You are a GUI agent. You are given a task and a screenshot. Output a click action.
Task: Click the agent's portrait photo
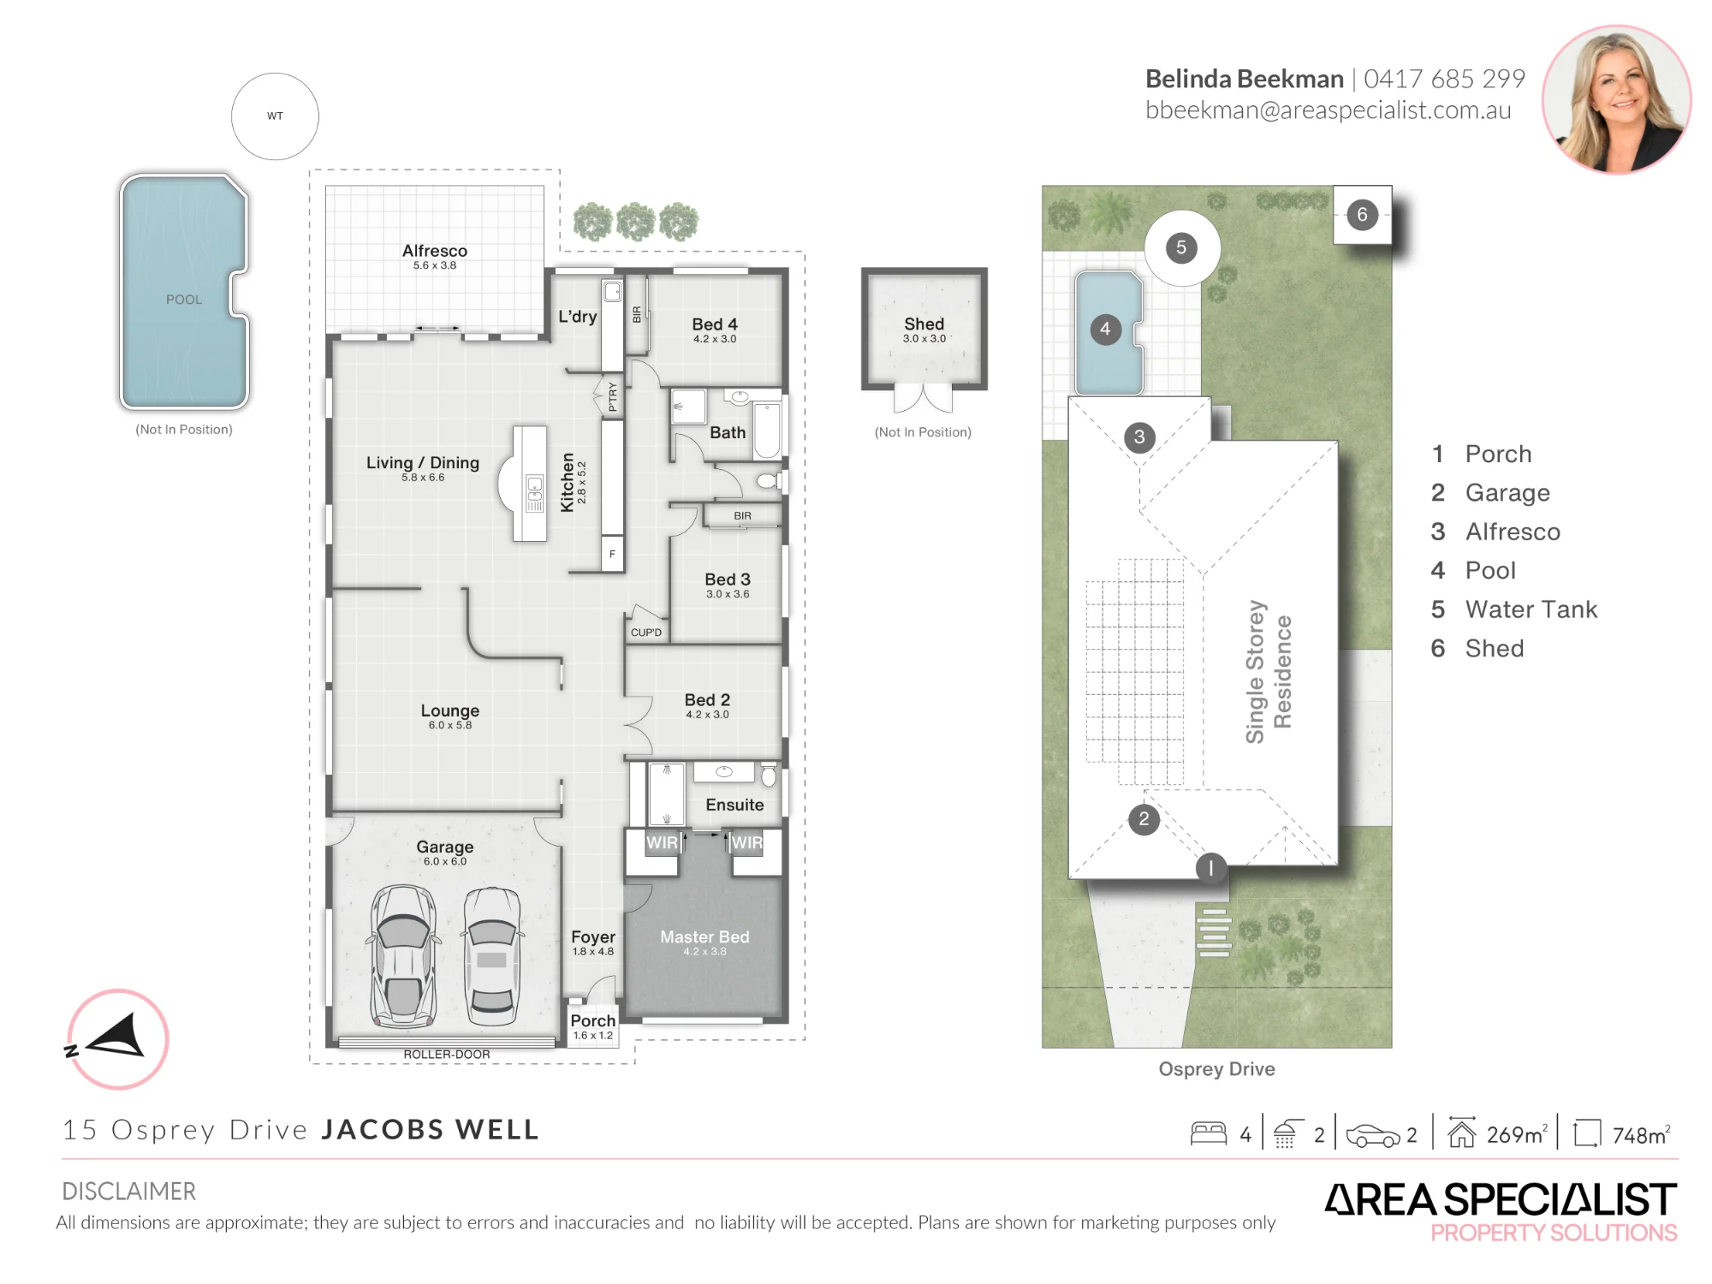(1616, 99)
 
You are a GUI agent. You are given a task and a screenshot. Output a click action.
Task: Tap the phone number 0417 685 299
(1444, 79)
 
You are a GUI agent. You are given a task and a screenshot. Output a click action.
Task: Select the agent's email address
(1328, 110)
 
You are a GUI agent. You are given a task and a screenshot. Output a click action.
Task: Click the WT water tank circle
(275, 116)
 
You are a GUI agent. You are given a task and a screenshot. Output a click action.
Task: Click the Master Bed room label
(704, 937)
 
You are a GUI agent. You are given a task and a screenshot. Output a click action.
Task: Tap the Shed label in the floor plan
(924, 324)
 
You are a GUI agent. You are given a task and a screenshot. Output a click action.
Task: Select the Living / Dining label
(423, 462)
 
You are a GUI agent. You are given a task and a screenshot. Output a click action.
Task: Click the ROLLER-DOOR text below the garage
(447, 1055)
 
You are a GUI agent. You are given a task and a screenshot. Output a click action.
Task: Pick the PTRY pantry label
(613, 397)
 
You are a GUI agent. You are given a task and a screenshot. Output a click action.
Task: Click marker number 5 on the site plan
(1181, 248)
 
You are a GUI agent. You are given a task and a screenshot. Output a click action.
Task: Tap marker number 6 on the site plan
(1362, 214)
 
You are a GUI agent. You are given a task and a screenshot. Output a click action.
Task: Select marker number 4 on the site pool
(1105, 330)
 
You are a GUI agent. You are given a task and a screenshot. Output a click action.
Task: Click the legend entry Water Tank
(1531, 609)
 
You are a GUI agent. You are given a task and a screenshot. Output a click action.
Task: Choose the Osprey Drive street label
(1216, 1069)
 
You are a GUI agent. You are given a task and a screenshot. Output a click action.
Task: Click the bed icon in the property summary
(1209, 1133)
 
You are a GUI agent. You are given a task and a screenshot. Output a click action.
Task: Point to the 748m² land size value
(1641, 1135)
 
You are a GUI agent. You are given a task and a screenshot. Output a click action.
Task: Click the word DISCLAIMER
(129, 1192)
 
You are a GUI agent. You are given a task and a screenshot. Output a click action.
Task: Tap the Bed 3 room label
(728, 580)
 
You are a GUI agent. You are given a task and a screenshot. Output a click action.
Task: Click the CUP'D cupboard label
(646, 633)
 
